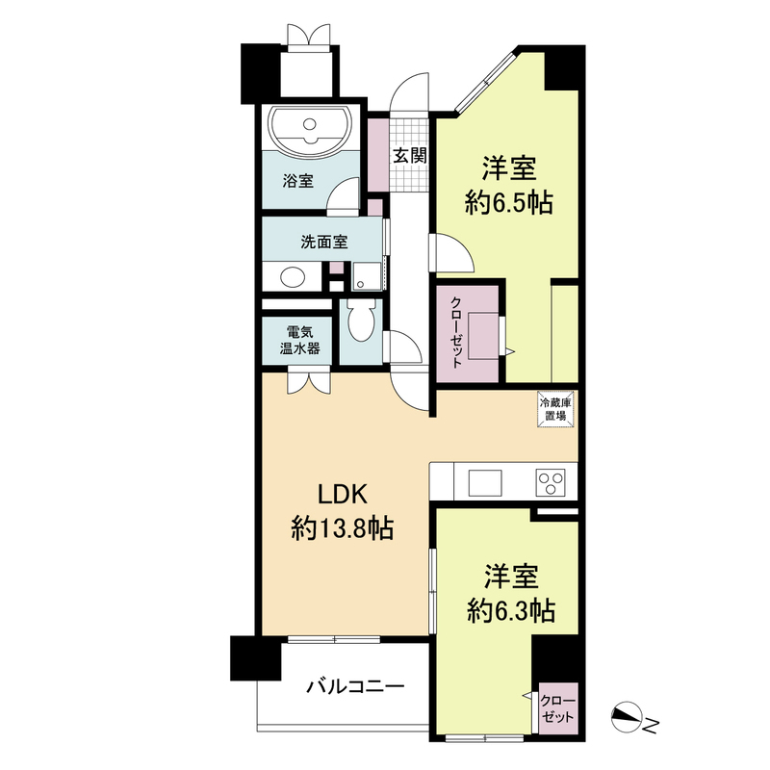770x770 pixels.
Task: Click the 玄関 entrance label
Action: pyautogui.click(x=409, y=156)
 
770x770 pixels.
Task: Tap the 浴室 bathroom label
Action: pyautogui.click(x=297, y=181)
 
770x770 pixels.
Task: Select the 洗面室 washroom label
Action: pyautogui.click(x=324, y=242)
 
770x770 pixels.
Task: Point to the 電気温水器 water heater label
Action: pyautogui.click(x=300, y=341)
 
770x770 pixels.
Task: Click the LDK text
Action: pyautogui.click(x=343, y=495)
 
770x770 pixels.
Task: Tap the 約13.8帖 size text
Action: pyautogui.click(x=343, y=528)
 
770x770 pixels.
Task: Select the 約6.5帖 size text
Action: pyautogui.click(x=509, y=203)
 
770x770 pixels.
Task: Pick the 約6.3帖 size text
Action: pyautogui.click(x=511, y=611)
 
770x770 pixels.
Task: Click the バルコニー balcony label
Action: pyautogui.click(x=355, y=686)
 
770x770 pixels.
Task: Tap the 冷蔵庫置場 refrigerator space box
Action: pyautogui.click(x=555, y=409)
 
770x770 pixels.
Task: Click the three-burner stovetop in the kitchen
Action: pyautogui.click(x=551, y=483)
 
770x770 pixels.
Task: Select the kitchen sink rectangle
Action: pyautogui.click(x=485, y=483)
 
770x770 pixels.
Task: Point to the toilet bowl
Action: pyautogui.click(x=361, y=321)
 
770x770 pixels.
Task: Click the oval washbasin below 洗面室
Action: pyautogui.click(x=293, y=277)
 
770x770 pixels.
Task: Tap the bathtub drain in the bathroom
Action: pyautogui.click(x=309, y=123)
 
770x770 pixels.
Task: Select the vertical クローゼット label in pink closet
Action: pyautogui.click(x=456, y=332)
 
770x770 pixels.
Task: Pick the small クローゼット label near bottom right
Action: pyautogui.click(x=557, y=707)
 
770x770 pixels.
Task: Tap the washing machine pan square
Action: pyautogui.click(x=367, y=276)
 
